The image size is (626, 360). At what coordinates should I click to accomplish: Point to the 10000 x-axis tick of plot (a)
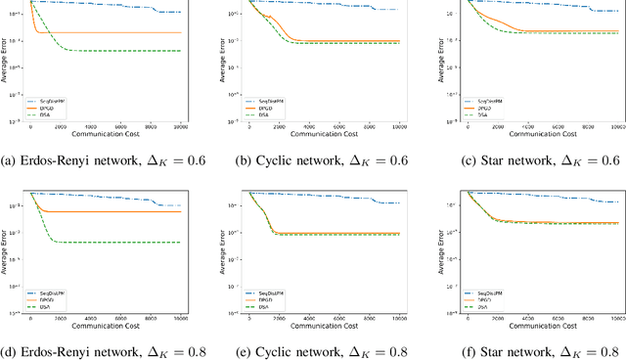click(x=181, y=126)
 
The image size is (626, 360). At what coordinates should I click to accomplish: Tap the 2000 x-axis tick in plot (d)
click(x=61, y=319)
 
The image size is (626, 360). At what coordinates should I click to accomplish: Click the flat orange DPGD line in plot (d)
click(x=117, y=211)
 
